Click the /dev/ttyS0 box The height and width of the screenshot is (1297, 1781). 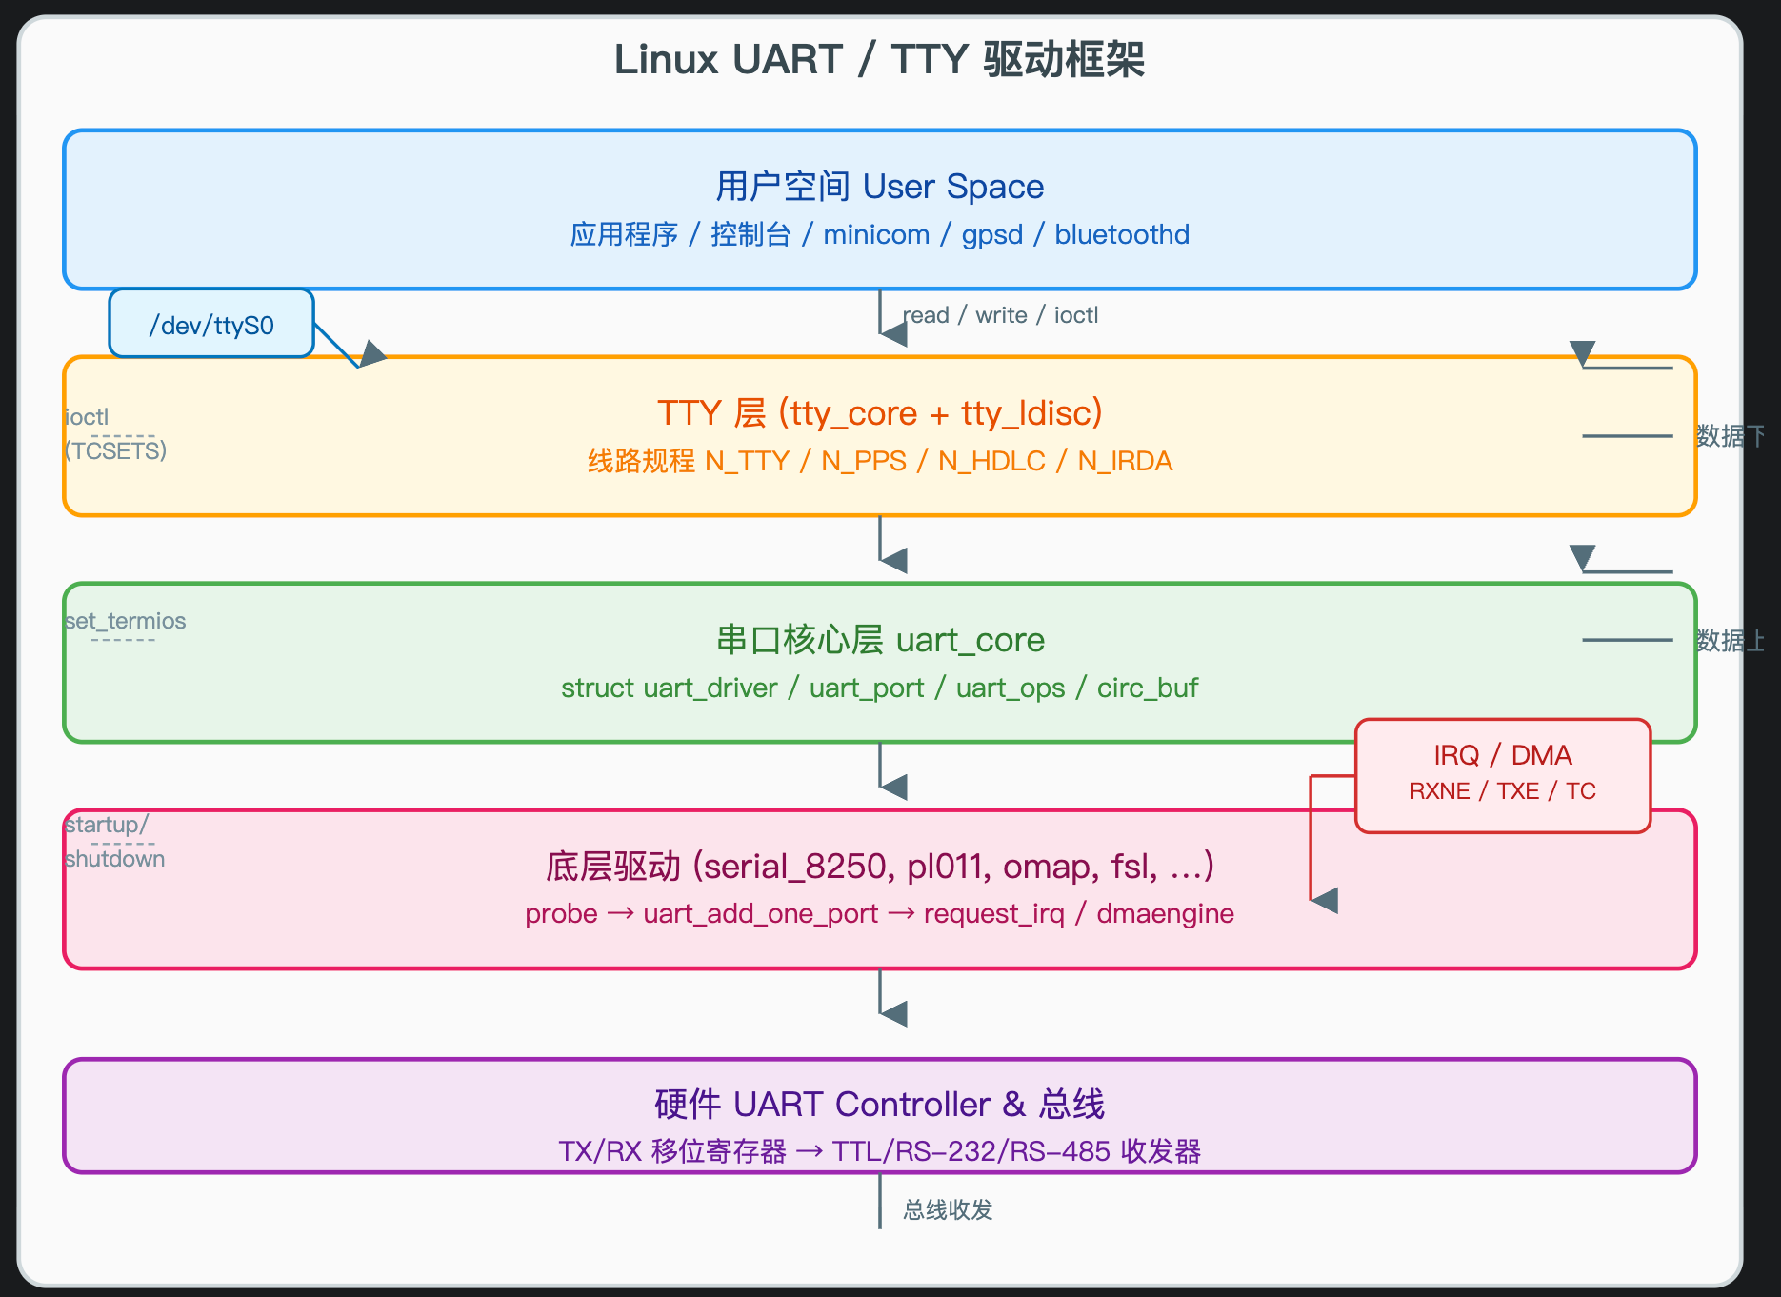(x=211, y=325)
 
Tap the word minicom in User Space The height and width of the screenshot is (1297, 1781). (x=876, y=234)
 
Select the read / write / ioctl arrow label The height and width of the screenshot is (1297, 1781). (x=1000, y=315)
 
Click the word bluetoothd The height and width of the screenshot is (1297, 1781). (x=1122, y=234)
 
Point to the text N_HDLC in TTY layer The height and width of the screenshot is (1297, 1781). (x=991, y=461)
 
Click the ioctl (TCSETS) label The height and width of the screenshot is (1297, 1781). (x=115, y=433)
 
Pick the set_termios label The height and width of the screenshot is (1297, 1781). (x=125, y=621)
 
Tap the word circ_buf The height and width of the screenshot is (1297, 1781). (x=1147, y=688)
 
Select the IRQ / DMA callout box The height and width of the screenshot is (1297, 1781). (x=1502, y=774)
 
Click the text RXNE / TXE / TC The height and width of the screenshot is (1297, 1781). (x=1502, y=791)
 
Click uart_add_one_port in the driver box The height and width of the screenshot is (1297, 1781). (x=760, y=913)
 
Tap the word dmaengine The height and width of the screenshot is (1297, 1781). (x=1165, y=913)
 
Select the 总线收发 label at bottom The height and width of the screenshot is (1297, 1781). (x=948, y=1209)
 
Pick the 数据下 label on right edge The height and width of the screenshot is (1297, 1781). (x=1730, y=436)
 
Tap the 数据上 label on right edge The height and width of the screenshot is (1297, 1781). (x=1730, y=640)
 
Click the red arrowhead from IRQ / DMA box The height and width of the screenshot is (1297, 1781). (x=1326, y=900)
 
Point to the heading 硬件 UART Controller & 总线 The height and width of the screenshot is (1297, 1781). (x=878, y=1104)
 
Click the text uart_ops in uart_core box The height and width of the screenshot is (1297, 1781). (x=1010, y=688)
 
